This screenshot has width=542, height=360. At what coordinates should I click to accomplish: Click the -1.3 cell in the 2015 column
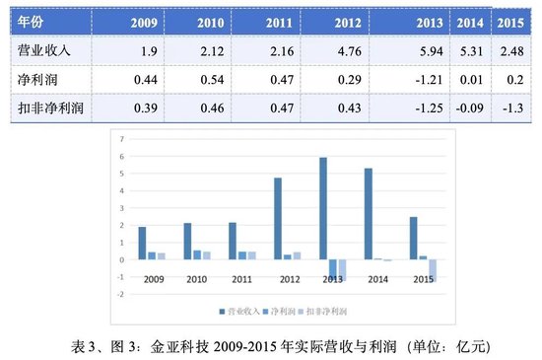[508, 106]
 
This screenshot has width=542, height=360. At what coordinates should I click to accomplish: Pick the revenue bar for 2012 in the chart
[278, 218]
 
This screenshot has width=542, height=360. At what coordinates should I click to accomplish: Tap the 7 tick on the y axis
[121, 139]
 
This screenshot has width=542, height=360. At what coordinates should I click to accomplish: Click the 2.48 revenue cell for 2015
[508, 48]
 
